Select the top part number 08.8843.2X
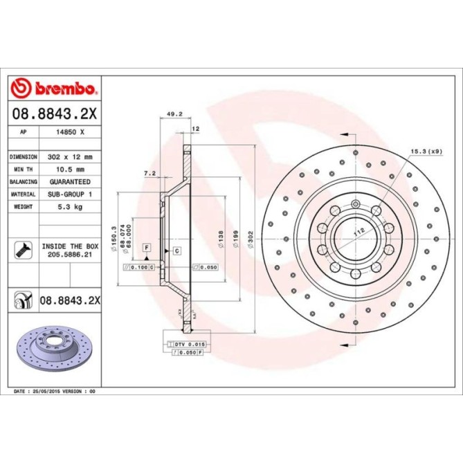pos(56,112)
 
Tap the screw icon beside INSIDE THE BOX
pos(22,250)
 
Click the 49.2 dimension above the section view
pos(174,116)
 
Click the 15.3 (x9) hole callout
pos(426,151)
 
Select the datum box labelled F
pos(147,247)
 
